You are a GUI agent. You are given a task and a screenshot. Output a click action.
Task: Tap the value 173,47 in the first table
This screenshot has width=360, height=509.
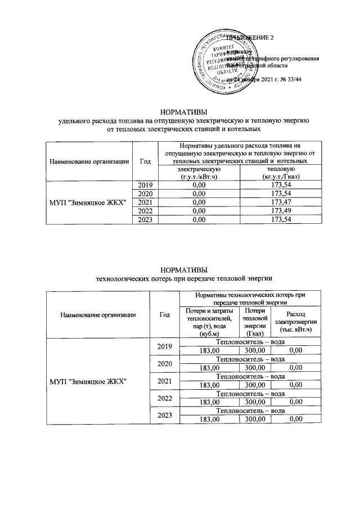[x=280, y=202]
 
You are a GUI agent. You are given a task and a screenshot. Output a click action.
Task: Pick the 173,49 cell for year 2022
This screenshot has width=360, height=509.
[x=280, y=210]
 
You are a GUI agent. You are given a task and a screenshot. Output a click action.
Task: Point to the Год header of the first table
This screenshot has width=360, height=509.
[x=146, y=161]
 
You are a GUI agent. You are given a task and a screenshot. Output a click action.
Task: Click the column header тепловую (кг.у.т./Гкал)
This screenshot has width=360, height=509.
[x=280, y=173]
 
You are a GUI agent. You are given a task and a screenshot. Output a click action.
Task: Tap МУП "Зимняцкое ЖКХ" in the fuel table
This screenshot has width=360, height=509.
[x=88, y=202]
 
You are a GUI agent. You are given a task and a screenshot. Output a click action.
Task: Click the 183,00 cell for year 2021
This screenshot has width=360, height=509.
[x=209, y=385]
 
